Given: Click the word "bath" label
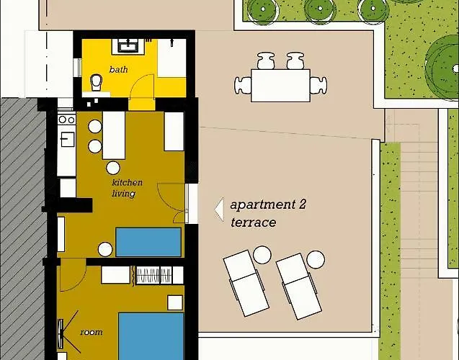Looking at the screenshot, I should [118, 70].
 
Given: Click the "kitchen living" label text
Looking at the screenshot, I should [127, 188].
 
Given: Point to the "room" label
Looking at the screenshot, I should [92, 332].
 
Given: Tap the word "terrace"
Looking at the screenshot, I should [253, 222].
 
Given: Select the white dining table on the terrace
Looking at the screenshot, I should [280, 84].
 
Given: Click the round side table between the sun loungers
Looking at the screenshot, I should [262, 254].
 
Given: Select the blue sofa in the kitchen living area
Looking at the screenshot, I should [148, 242].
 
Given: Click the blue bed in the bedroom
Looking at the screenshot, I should [151, 336].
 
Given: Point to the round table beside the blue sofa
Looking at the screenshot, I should [104, 250].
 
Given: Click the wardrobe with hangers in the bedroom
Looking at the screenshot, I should [153, 275].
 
